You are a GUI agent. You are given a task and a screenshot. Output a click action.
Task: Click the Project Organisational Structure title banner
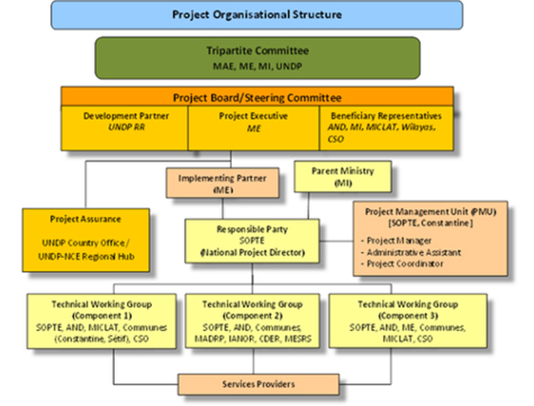[x=257, y=15]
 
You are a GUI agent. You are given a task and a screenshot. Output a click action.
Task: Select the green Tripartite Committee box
[x=257, y=56]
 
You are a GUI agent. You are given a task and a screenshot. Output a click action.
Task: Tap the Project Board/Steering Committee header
[x=257, y=97]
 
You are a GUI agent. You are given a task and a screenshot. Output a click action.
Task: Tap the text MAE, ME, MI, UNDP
[x=257, y=64]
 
